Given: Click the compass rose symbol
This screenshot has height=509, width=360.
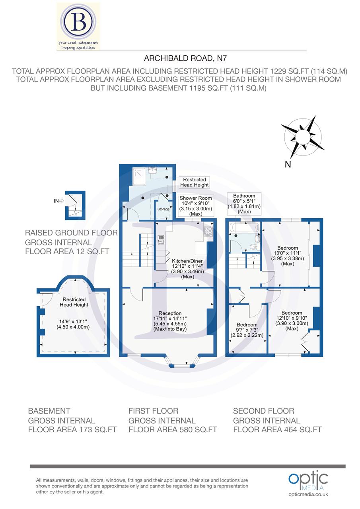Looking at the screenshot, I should coord(302,137).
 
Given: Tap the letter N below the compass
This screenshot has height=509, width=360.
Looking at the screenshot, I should coord(288,165).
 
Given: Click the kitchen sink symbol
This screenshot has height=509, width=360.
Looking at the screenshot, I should coord(161,239).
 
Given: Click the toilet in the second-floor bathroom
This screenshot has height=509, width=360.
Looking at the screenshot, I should coord(254,246).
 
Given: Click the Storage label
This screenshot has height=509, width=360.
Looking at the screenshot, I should coord(163,209).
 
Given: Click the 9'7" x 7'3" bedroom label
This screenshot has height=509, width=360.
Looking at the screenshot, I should coord(247,330).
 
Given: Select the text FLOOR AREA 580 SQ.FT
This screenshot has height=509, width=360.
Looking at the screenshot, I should coord(173,429).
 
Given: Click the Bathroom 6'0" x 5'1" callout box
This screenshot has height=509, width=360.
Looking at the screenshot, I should coord(244,204).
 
